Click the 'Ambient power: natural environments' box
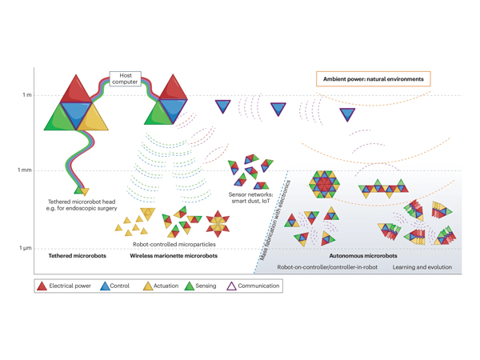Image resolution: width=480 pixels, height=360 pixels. (373, 79)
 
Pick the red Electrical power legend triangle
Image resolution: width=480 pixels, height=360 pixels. (42, 286)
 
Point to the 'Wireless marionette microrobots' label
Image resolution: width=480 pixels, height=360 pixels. (174, 256)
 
